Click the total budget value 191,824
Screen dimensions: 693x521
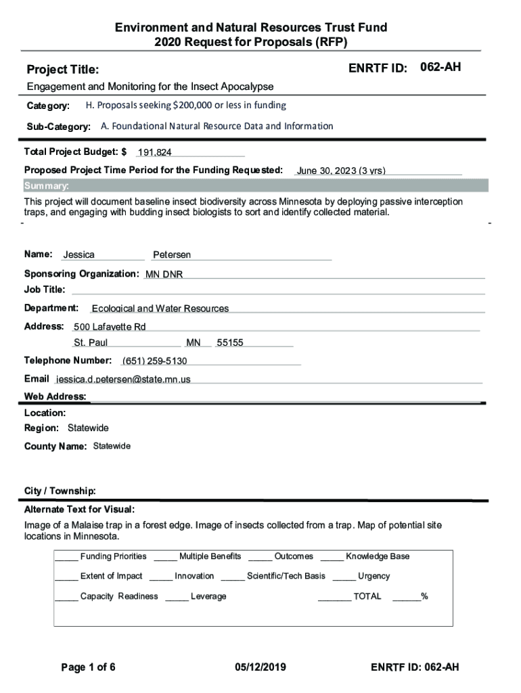154,153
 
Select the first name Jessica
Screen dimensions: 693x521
78,255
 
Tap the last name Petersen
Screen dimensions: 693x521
172,255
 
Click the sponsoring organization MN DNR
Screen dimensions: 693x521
164,275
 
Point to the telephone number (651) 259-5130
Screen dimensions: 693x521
154,361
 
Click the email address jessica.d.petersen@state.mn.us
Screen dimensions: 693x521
123,380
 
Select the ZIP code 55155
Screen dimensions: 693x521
229,343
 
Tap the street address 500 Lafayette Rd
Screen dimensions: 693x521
110,328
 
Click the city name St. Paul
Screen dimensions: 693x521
91,343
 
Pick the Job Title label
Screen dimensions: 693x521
45,290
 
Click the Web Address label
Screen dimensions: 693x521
55,397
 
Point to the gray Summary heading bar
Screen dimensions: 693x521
256,186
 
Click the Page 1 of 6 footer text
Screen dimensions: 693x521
88,668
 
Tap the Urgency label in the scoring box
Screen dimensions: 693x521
373,577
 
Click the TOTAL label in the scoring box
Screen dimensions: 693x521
367,597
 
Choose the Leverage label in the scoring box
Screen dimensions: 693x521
208,597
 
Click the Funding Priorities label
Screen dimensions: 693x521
113,557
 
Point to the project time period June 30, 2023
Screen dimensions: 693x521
340,171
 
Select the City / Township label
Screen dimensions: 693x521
60,491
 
